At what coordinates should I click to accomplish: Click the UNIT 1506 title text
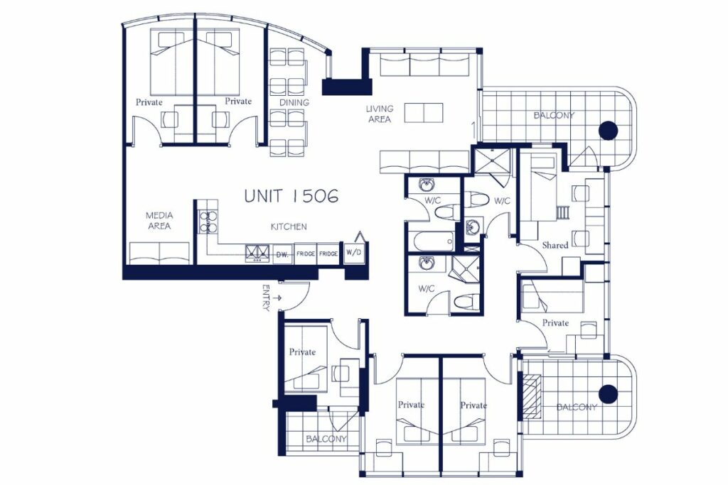pos(291,196)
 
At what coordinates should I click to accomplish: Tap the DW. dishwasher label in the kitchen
pos(282,254)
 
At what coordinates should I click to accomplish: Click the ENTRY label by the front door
pos(266,298)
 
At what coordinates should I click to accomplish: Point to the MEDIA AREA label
pos(159,221)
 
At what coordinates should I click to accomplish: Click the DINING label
pos(294,102)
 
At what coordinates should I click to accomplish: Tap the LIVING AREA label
pos(380,114)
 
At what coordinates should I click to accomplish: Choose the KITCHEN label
pos(289,227)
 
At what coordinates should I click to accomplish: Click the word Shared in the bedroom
pos(555,245)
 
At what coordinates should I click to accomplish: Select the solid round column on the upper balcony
pos(609,130)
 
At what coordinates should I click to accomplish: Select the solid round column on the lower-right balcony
pos(609,394)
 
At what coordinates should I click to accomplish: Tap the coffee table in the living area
pos(424,113)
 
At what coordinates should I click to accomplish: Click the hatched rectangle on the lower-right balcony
pos(532,396)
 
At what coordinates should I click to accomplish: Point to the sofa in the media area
pos(159,254)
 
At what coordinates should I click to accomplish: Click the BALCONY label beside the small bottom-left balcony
pos(326,439)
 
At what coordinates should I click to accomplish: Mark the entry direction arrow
pos(278,298)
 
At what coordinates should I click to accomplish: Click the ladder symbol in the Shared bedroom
pos(563,212)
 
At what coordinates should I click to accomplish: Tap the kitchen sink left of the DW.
pos(257,254)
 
